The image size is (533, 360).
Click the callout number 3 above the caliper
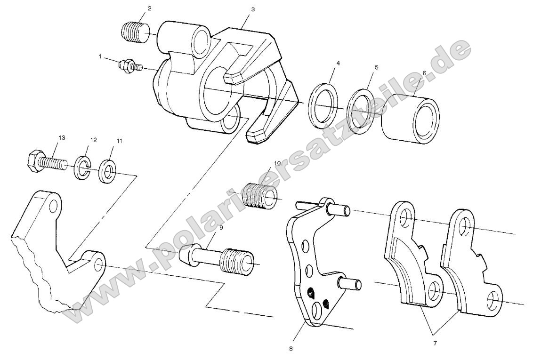coord(253,9)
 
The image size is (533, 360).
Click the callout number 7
coord(435,343)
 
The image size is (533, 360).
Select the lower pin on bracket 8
coord(350,284)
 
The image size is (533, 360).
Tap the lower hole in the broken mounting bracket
coord(98,265)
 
